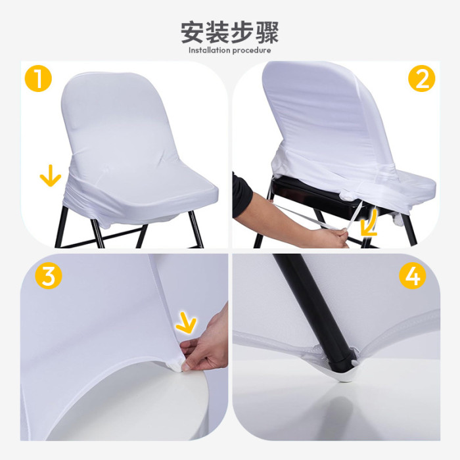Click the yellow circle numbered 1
[38, 78]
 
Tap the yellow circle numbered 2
[422, 78]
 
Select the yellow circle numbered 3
[49, 275]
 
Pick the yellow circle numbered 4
[413, 275]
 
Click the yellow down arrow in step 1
[51, 176]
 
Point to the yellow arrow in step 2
[369, 223]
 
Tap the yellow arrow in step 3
[187, 323]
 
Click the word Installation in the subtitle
[209, 50]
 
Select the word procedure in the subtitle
[252, 51]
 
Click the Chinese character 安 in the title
[192, 32]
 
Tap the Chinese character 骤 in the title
[267, 32]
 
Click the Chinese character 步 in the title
[242, 32]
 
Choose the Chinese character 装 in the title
[217, 32]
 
